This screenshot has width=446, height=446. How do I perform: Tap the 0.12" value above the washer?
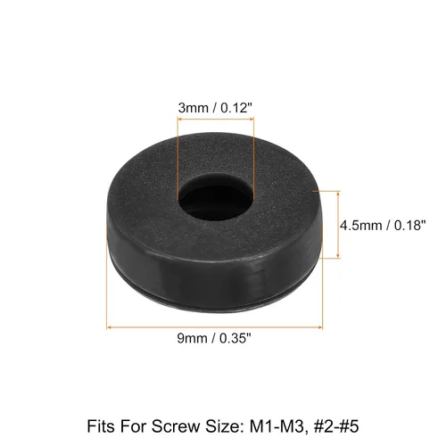tap(236, 108)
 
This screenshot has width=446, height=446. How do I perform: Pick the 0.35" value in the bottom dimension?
tap(235, 338)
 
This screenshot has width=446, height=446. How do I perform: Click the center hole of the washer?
tap(216, 199)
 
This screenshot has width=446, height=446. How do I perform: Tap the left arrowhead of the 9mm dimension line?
tap(109, 327)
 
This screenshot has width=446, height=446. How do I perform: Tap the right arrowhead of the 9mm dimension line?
tap(320, 327)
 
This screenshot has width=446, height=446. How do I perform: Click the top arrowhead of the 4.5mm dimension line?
tap(338, 194)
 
